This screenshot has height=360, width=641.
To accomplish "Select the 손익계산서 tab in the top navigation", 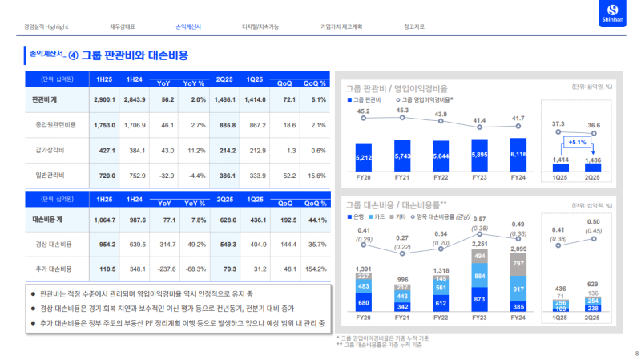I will point(188,27).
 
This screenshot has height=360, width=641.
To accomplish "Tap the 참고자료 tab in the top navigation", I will point(417,27).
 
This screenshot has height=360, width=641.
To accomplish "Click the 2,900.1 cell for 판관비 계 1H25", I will point(105,99).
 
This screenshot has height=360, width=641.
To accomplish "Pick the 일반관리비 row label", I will point(50,175).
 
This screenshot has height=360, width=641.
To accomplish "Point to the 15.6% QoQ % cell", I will point(317,175).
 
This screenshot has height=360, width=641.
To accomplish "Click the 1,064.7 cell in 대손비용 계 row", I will point(105,219).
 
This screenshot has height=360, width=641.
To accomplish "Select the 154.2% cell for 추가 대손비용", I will point(316,269).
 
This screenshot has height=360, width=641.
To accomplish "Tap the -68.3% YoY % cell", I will point(195,269).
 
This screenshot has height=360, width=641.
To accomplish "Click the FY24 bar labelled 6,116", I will point(518,155).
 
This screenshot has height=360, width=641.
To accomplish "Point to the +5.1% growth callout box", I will point(577,142).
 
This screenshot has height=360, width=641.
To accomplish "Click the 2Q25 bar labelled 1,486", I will point(593,161).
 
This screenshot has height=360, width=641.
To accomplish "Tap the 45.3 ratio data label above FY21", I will point(402,111).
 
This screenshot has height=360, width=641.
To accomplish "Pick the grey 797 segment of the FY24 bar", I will point(518,263).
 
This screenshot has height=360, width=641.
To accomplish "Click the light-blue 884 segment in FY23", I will point(480,277).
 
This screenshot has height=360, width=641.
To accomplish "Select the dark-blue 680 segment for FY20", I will point(364,303).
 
